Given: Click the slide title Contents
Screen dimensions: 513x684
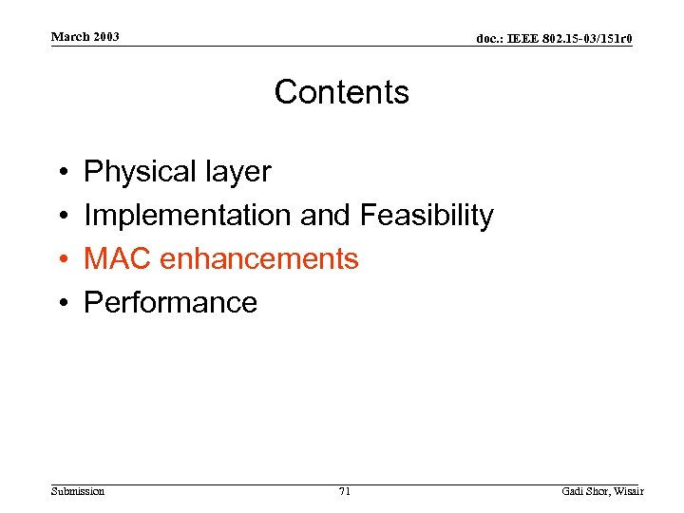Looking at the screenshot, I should (341, 92).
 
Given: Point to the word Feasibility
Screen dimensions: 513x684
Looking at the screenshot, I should (427, 216).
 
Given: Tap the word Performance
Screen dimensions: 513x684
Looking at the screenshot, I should (171, 302).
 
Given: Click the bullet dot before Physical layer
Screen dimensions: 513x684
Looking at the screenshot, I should (61, 173).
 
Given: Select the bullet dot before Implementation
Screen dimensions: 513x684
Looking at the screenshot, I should (61, 217).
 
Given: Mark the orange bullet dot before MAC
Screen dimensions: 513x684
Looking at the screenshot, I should (61, 259).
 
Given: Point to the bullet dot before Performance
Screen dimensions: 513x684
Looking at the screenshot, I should (61, 303).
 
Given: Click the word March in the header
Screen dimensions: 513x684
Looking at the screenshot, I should (69, 37).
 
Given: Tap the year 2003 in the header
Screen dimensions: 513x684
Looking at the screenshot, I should (105, 37).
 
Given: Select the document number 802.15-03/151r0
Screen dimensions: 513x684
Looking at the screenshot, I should (590, 39).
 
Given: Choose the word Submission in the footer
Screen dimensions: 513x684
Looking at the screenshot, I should (78, 491).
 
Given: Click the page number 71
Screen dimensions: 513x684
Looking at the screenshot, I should (344, 491).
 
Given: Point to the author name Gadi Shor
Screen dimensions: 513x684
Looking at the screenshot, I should (584, 491).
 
